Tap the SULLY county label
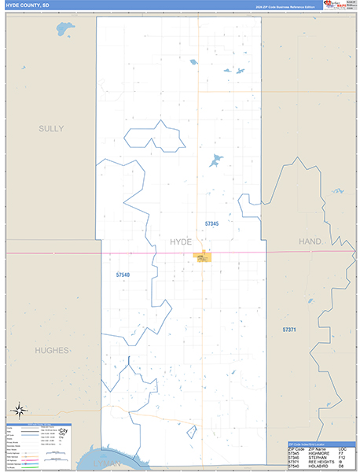point(51,128)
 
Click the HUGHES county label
point(52,350)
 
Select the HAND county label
point(310,242)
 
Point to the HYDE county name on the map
point(181,242)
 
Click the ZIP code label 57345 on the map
point(211,224)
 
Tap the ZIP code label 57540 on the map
point(123,275)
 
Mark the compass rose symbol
point(19,410)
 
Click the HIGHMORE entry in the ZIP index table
point(318,452)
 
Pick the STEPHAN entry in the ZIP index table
point(317,457)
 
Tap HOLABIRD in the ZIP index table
point(318,466)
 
